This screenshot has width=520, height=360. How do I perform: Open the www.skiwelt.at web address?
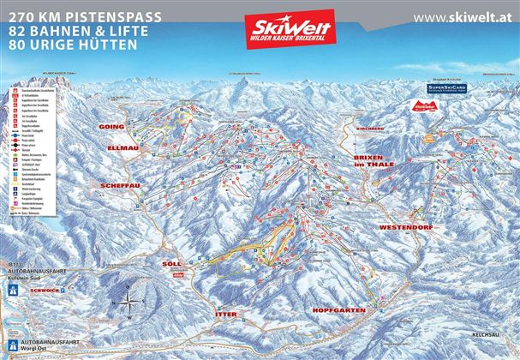[463, 17]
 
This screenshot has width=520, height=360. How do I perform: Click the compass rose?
[129, 302]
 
